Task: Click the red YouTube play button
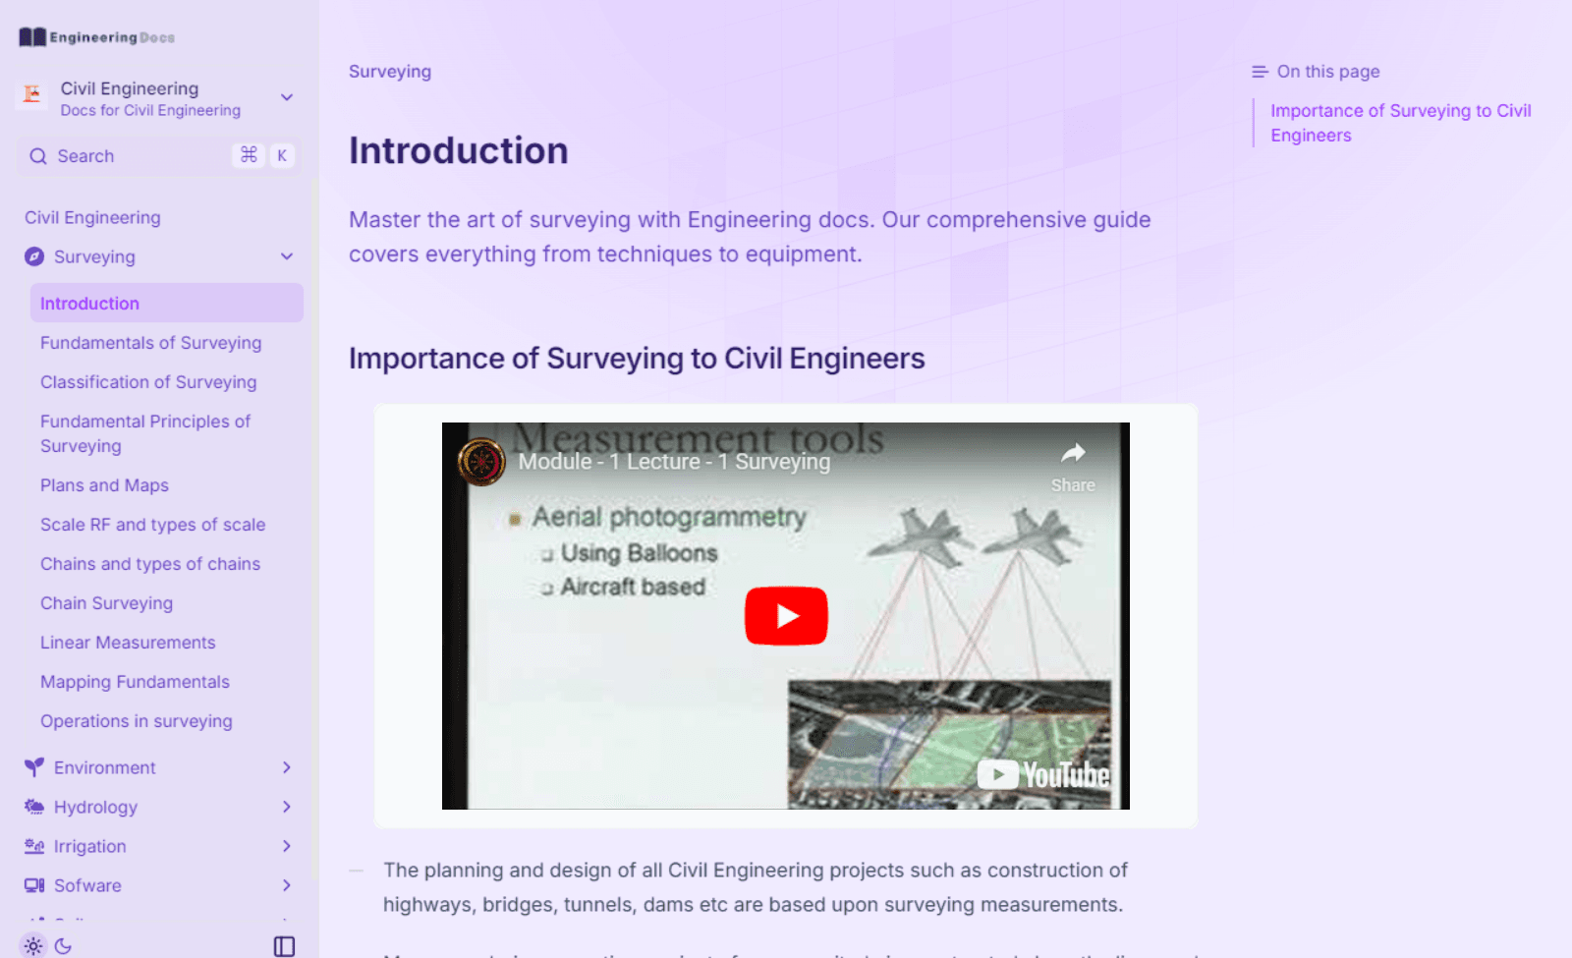(x=786, y=616)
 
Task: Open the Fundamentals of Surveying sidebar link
(x=150, y=343)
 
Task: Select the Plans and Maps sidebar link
(x=104, y=485)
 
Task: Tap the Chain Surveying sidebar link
(x=106, y=603)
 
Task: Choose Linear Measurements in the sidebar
(x=128, y=643)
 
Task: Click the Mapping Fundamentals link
(x=135, y=682)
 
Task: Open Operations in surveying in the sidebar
(x=137, y=721)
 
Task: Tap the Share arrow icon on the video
(x=1073, y=454)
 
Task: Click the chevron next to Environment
(x=287, y=767)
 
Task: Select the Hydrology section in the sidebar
(x=95, y=807)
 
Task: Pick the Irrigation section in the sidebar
(x=89, y=846)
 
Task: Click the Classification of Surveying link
(x=148, y=382)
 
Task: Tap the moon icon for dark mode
(x=64, y=946)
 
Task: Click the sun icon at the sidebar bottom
(x=33, y=946)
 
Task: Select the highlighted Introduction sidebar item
(x=89, y=304)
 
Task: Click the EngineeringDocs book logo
(x=32, y=37)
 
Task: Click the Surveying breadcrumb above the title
(x=390, y=72)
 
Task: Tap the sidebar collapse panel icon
(x=284, y=946)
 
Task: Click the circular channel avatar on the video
(x=481, y=462)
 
